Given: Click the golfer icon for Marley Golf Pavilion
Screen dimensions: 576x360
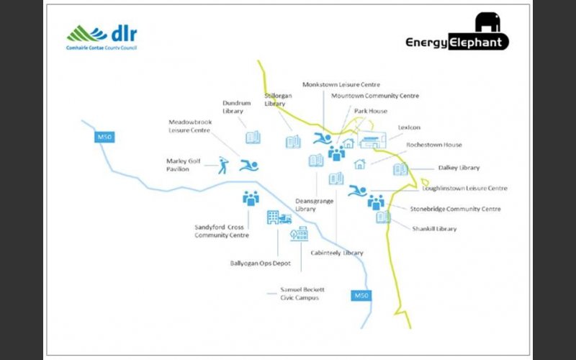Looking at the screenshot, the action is click(x=223, y=166).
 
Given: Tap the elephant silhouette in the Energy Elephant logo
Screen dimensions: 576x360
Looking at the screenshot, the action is click(x=487, y=22).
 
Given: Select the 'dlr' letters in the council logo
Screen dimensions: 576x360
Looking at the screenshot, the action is click(x=124, y=34).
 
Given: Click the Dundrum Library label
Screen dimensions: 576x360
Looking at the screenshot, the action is click(x=237, y=107).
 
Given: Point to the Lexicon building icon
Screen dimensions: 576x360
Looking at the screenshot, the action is click(x=372, y=140).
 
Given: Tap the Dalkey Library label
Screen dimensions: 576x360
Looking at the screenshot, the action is click(x=459, y=168).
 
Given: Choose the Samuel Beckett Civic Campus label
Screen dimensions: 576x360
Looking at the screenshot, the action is click(x=302, y=294).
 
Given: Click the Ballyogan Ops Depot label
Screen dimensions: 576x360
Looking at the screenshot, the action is click(x=260, y=264).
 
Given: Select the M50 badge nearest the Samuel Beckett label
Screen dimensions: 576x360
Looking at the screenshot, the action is click(x=361, y=296).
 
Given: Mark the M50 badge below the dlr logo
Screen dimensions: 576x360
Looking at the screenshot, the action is click(x=104, y=138).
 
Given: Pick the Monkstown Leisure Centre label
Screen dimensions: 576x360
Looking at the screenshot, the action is click(x=341, y=84).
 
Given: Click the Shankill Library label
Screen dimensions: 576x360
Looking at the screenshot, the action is click(x=434, y=229).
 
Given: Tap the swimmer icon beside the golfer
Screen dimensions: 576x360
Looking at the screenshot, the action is click(x=249, y=166).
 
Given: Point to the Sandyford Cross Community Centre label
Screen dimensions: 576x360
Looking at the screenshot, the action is click(x=222, y=231).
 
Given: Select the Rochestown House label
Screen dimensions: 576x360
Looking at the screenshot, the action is click(x=434, y=145).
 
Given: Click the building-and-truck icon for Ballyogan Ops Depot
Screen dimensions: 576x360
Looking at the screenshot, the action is click(x=279, y=217).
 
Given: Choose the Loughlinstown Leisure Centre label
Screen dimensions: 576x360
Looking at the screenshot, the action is click(x=464, y=189).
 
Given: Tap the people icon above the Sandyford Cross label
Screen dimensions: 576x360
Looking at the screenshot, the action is click(x=251, y=199).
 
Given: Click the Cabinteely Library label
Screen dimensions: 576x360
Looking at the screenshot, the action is click(x=337, y=253).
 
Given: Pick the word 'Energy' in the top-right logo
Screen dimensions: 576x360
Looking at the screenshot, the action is click(x=426, y=42).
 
